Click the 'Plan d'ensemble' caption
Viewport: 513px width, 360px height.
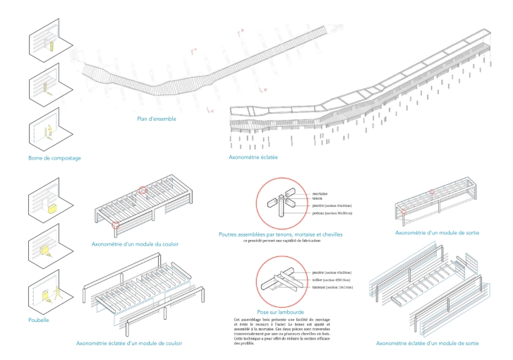click(x=157, y=119)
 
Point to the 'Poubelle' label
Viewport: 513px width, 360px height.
click(x=40, y=320)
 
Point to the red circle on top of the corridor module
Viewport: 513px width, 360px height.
click(x=143, y=190)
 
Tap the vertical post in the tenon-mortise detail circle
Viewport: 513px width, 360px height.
click(x=281, y=208)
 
